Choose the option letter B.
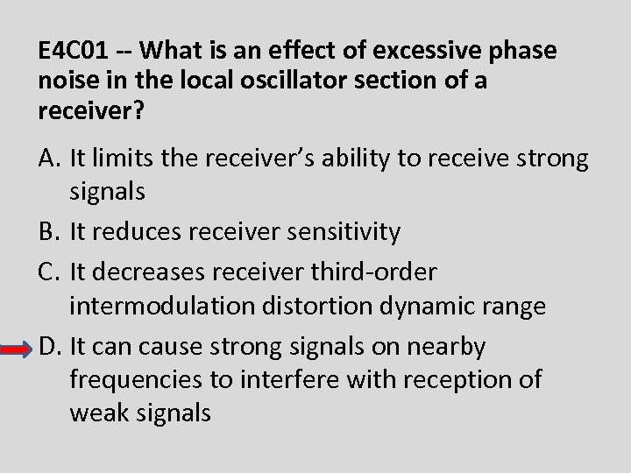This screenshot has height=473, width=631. [48, 232]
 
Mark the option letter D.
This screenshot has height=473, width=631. [49, 348]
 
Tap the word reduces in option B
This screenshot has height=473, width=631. [145, 232]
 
